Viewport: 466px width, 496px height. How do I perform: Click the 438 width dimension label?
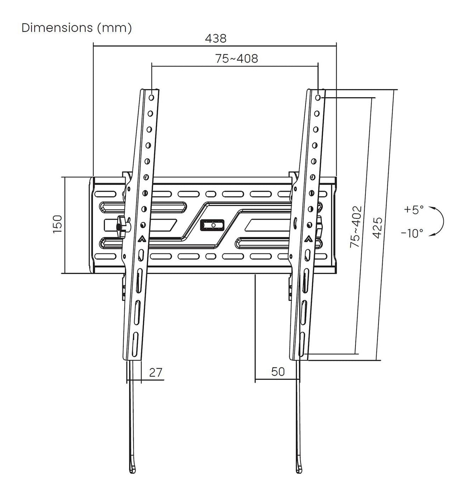215,38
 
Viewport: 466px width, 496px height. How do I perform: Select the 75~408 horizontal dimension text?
236,59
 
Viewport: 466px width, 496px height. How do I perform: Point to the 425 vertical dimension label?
378,228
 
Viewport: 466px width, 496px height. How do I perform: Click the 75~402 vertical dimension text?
356,227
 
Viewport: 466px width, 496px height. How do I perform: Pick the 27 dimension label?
155,372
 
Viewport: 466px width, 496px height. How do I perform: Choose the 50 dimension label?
278,372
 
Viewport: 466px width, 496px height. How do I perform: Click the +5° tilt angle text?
413,210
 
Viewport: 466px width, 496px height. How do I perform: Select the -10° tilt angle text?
412,233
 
